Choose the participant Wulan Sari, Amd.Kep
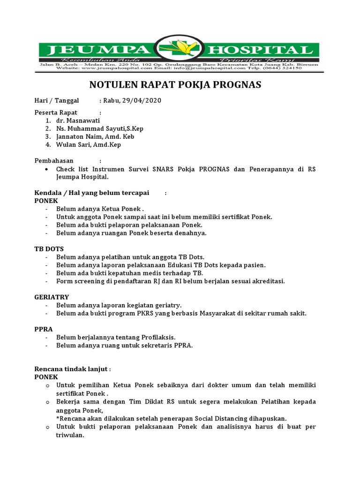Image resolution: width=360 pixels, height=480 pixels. coord(88,145)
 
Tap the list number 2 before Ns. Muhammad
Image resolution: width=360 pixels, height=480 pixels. coord(48,128)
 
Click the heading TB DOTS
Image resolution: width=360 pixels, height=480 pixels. coord(49,249)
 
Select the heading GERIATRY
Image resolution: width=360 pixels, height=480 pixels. coord(52,297)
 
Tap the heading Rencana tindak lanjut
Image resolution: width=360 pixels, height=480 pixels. coord(72,369)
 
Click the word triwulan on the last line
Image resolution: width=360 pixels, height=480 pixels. coord(70,435)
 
